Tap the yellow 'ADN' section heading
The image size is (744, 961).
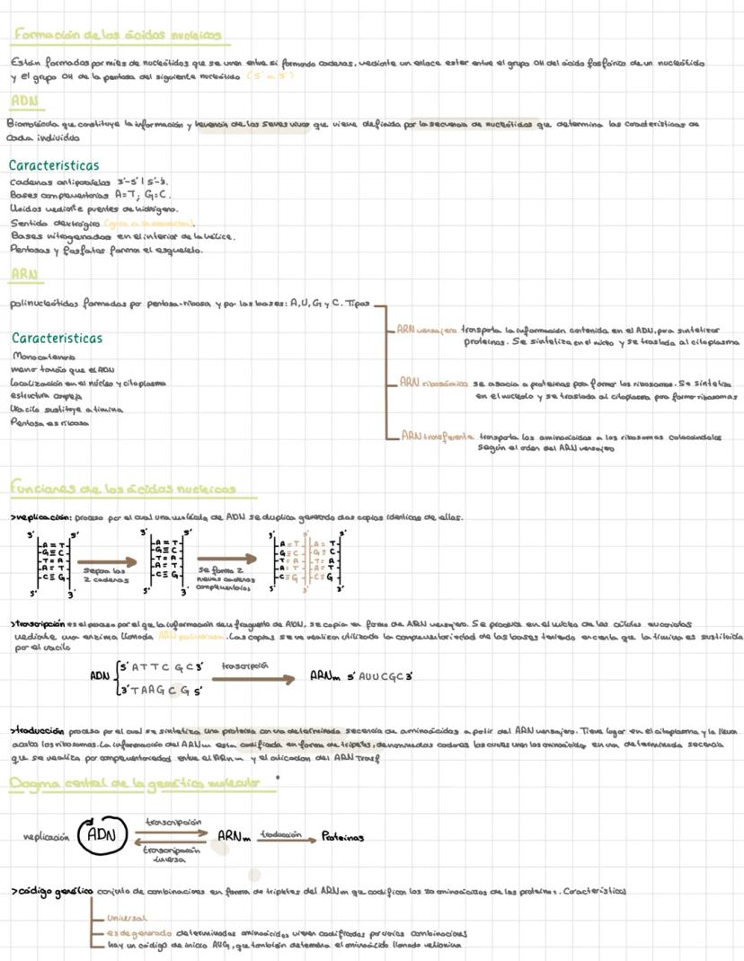(x=22, y=100)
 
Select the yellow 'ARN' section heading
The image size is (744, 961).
(x=22, y=273)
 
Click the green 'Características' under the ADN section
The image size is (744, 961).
(x=54, y=165)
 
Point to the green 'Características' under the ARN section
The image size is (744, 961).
(x=58, y=339)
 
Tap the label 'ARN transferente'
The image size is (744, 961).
(x=438, y=436)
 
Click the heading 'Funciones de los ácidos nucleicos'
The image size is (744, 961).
(x=123, y=489)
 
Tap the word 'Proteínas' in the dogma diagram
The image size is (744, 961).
(x=342, y=837)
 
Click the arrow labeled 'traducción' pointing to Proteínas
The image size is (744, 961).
(x=282, y=838)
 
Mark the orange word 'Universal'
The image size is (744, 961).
(x=127, y=918)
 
